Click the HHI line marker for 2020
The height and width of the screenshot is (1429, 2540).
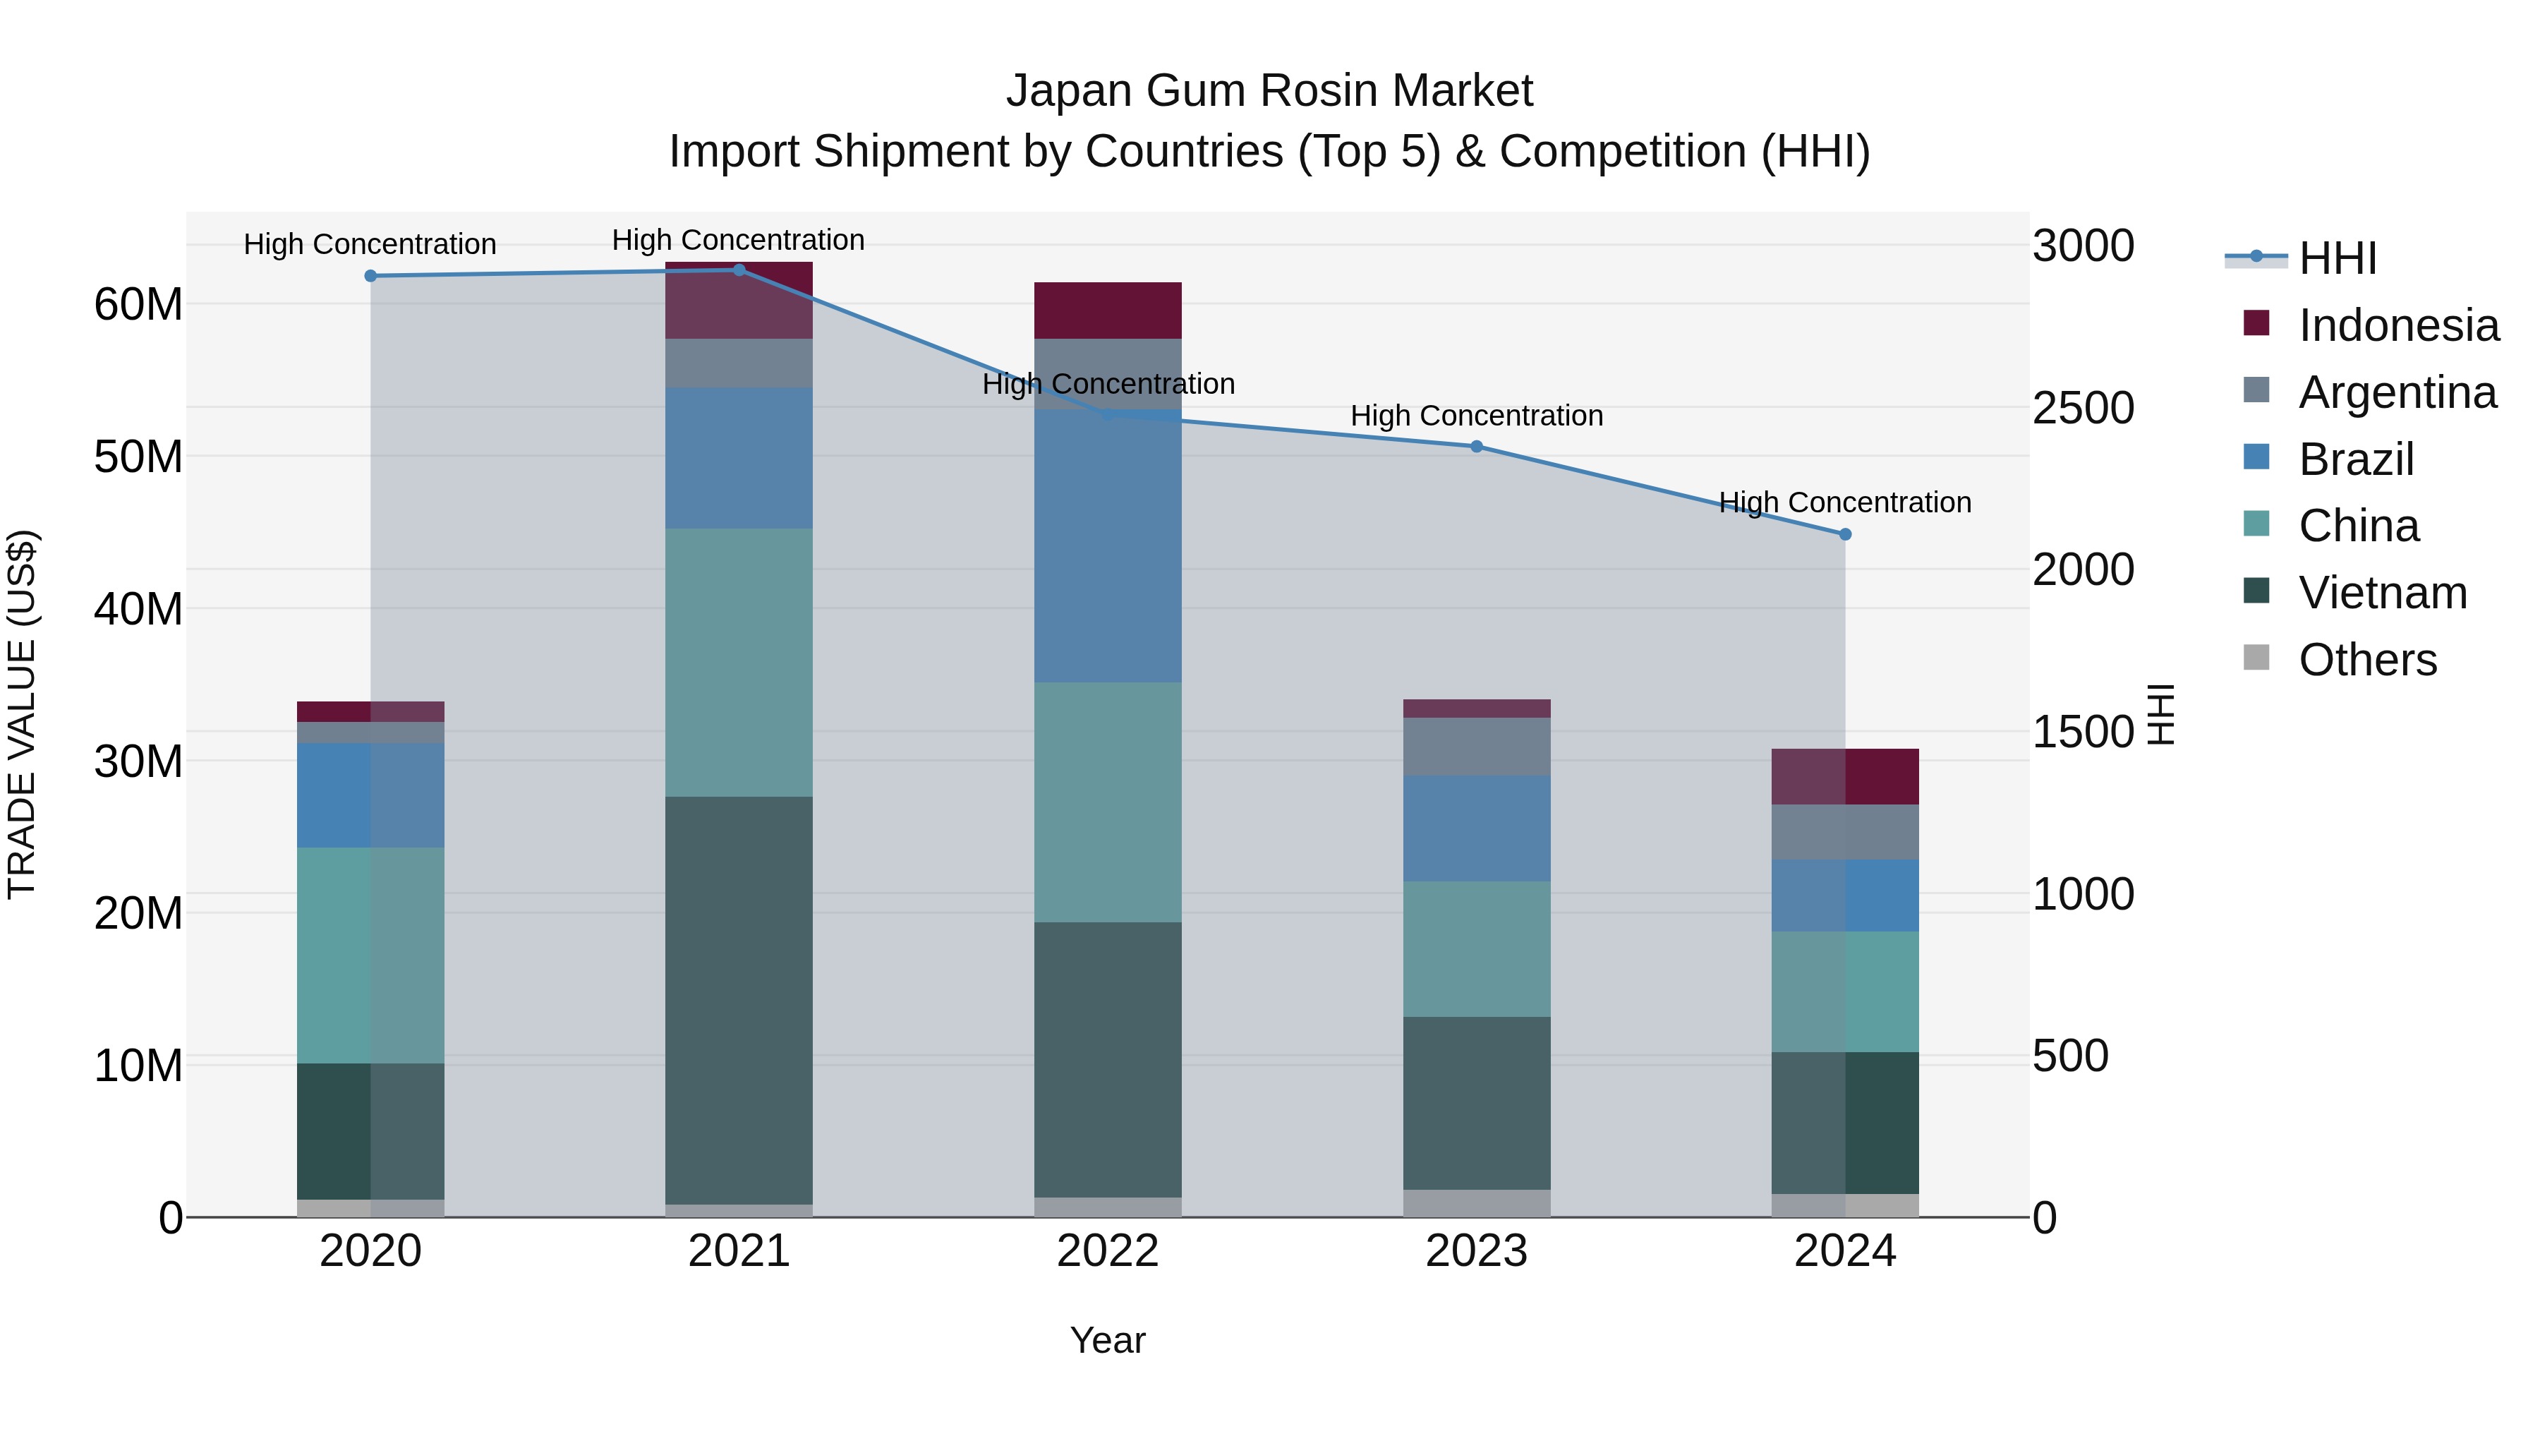click(370, 276)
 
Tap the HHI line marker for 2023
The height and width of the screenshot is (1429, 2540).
click(1476, 447)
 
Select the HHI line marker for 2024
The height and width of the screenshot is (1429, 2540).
click(1845, 534)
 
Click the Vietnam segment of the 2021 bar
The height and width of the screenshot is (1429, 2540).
click(739, 1000)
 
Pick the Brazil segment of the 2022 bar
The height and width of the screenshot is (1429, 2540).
click(1107, 546)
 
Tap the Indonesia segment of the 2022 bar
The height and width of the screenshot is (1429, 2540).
click(1107, 310)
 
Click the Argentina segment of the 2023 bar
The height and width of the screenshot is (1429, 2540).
click(1476, 747)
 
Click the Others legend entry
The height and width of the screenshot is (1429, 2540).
click(2366, 660)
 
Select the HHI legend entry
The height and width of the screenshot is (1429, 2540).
click(2337, 258)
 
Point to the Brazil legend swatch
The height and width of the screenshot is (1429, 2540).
click(2256, 457)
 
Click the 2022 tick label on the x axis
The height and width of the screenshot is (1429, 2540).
click(1107, 1251)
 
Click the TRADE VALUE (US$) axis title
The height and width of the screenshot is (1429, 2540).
click(22, 714)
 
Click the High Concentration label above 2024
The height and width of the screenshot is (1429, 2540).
click(1845, 503)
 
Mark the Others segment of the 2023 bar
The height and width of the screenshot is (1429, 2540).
click(1476, 1203)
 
